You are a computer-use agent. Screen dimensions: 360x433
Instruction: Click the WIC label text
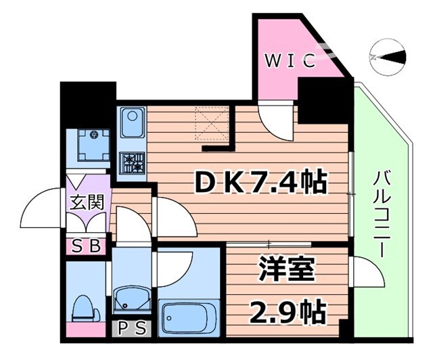click(290, 62)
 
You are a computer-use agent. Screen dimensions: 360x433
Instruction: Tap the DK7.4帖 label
click(261, 181)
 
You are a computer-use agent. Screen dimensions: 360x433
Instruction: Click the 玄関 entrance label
click(87, 202)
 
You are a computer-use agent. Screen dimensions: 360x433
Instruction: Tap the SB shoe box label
click(86, 246)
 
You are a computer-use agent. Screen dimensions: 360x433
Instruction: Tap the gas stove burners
click(133, 162)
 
